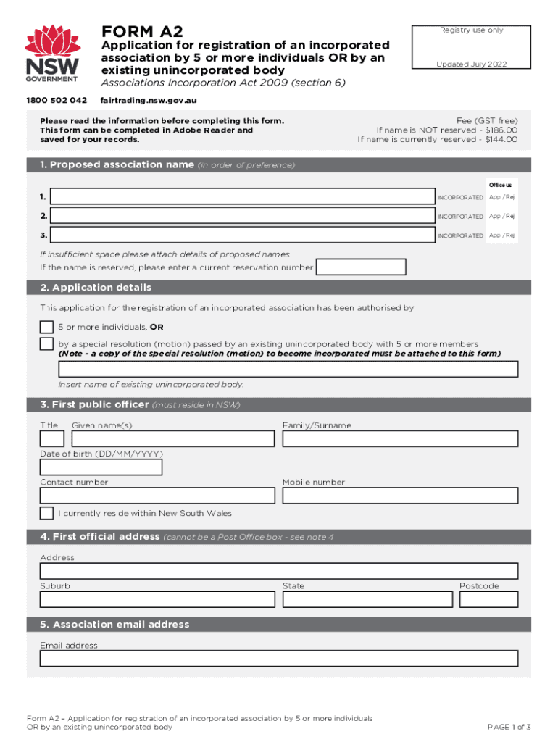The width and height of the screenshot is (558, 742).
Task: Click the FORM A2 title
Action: [x=142, y=31]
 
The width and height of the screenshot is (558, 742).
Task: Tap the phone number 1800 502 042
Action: [x=57, y=100]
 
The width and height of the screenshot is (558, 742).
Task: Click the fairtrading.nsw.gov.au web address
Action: [x=149, y=100]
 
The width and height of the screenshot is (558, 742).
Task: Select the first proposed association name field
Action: [x=243, y=197]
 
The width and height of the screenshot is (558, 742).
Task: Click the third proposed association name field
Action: [x=243, y=235]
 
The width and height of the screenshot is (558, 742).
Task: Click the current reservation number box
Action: [x=362, y=267]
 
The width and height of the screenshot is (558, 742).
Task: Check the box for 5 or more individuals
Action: [x=46, y=327]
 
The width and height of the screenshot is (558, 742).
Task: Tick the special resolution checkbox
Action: [x=46, y=343]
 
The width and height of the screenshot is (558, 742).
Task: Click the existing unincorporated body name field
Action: [x=279, y=369]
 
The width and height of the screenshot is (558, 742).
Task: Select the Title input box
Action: [x=51, y=438]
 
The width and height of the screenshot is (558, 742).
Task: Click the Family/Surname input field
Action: [x=400, y=438]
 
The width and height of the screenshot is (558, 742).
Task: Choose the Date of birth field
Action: [x=101, y=467]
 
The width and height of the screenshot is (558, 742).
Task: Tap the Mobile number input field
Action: [x=400, y=496]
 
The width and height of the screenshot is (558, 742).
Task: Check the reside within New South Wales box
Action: [x=46, y=513]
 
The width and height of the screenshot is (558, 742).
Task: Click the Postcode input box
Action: [x=488, y=599]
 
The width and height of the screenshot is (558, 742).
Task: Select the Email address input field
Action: [x=279, y=658]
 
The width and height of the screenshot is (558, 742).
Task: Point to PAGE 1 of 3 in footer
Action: [x=509, y=727]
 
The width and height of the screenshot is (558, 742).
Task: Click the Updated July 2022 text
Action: [x=471, y=64]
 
